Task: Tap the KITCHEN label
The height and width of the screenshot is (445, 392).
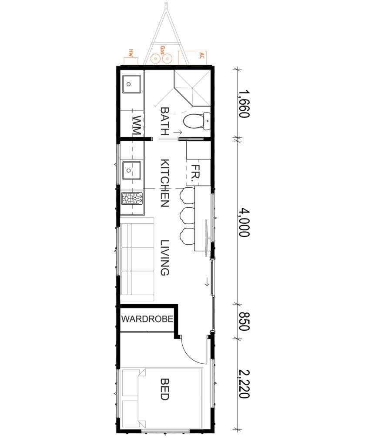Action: point(165,183)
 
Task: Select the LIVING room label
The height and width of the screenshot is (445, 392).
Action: point(165,257)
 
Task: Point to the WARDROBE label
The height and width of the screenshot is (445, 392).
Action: point(147,319)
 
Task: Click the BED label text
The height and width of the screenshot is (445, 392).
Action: point(165,389)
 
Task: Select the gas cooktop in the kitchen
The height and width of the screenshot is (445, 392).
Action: point(132,199)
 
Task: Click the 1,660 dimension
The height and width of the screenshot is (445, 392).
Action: point(243,103)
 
